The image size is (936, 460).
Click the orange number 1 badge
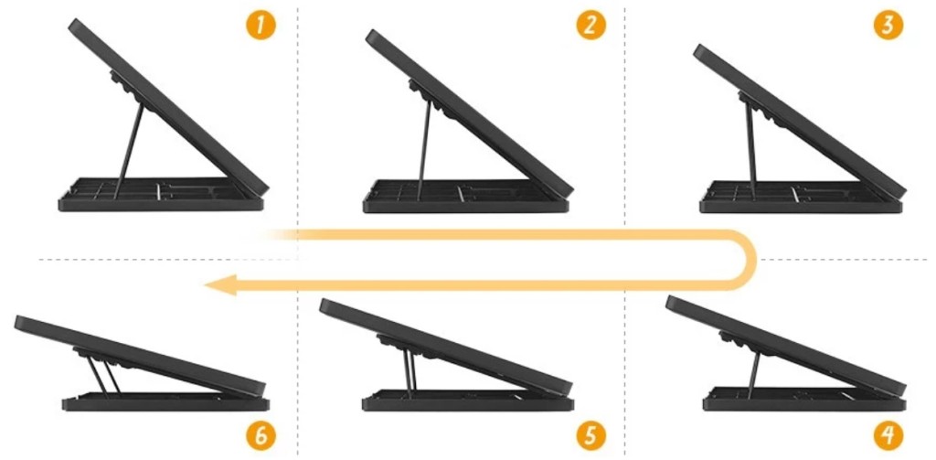(x=261, y=26)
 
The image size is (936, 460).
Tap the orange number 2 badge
(x=590, y=26)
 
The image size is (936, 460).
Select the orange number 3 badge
(x=888, y=26)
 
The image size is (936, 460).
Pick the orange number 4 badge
(x=888, y=437)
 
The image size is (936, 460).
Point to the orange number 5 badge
(x=590, y=437)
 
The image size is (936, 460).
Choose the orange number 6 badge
(x=261, y=437)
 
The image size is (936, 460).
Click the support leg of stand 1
(x=129, y=149)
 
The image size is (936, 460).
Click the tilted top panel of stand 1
(x=168, y=104)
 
